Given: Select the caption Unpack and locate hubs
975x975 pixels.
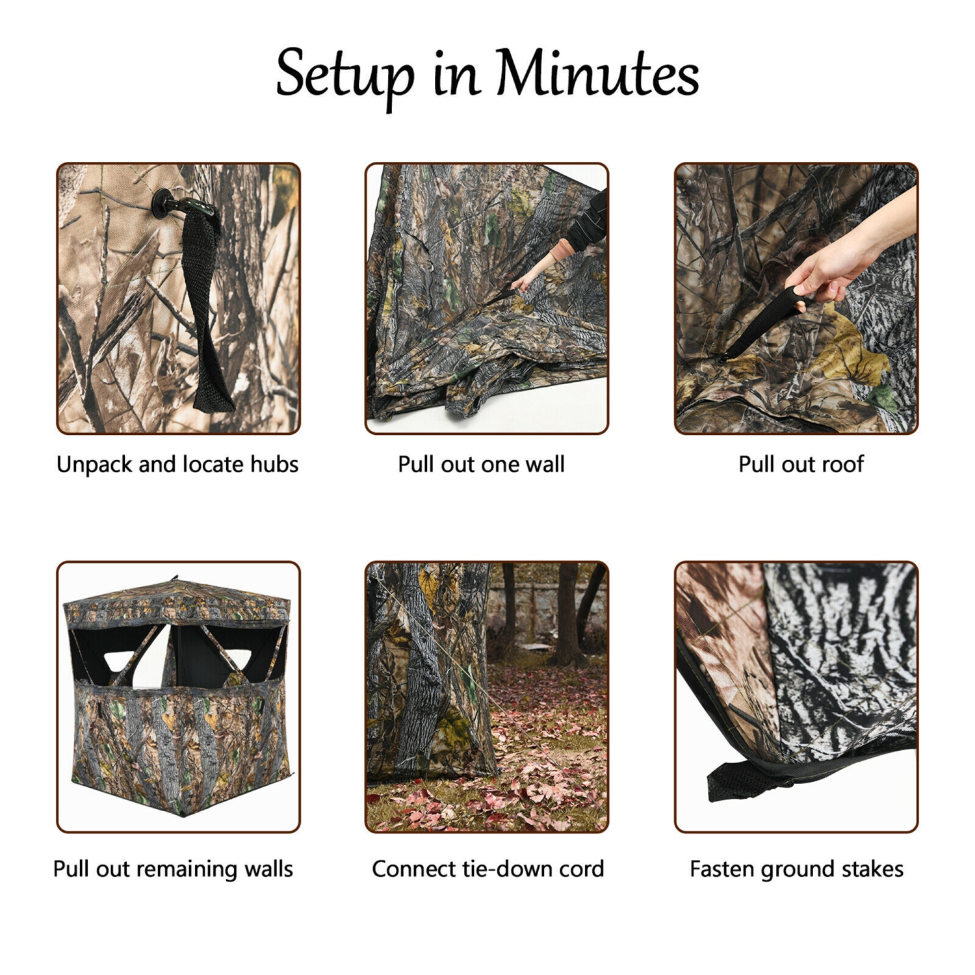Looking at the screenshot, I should [x=177, y=464].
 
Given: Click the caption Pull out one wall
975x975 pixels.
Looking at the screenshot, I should [x=481, y=464].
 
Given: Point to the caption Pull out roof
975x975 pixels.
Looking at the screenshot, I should [x=801, y=464].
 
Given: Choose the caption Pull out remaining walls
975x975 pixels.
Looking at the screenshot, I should [x=173, y=869].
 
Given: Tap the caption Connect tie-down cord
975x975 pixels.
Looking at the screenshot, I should [x=487, y=869].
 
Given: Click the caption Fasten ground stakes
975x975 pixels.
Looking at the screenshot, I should [x=796, y=869].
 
